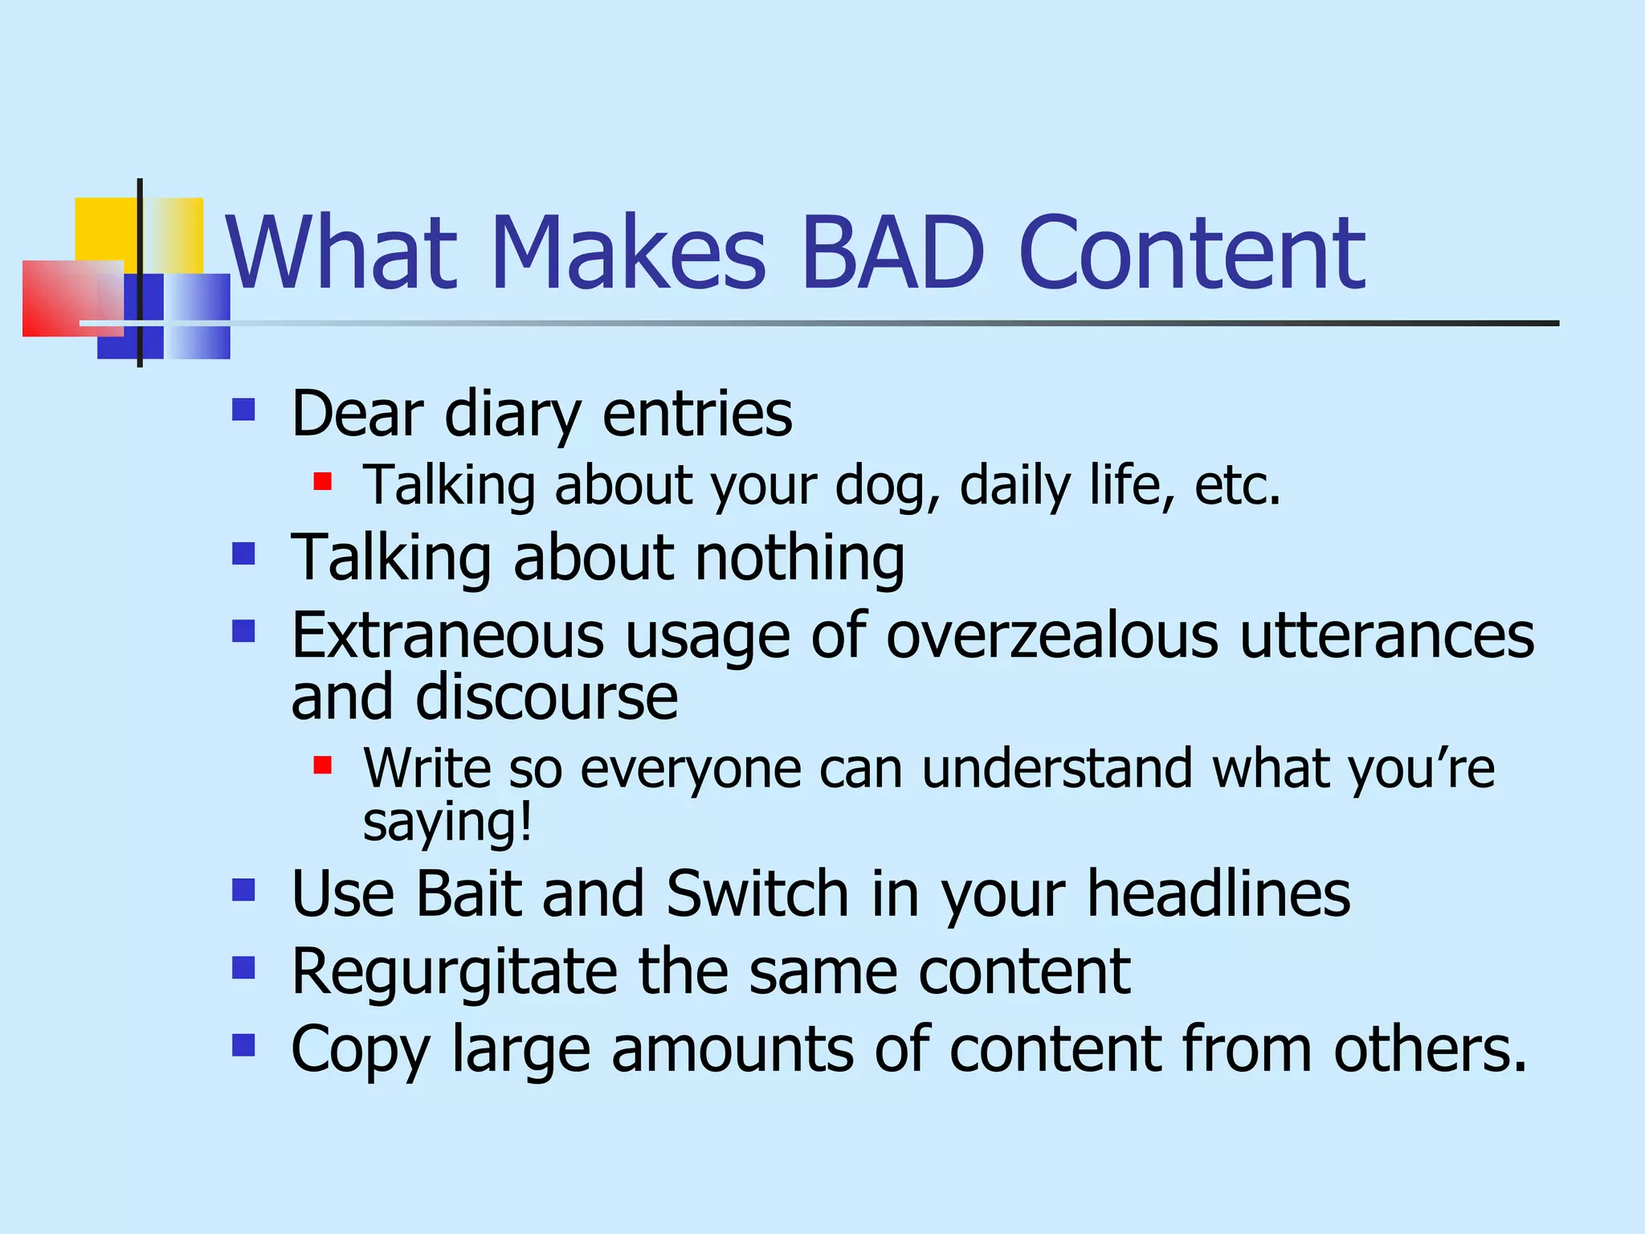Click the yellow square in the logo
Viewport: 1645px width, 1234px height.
pos(104,228)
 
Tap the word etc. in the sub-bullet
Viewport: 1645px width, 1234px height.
pos(1237,486)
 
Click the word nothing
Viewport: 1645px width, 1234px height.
pos(800,558)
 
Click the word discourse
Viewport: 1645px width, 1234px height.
pos(546,697)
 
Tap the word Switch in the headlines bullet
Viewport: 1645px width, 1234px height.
pos(757,893)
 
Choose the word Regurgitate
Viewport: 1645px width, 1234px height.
pos(455,972)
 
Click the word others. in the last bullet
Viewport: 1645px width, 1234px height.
pos(1430,1049)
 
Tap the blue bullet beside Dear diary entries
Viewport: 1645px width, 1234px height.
pos(243,411)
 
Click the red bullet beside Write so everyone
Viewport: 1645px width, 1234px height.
pos(323,765)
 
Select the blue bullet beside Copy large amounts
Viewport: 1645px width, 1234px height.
pos(243,1045)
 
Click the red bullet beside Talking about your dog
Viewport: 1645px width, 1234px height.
pos(323,482)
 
